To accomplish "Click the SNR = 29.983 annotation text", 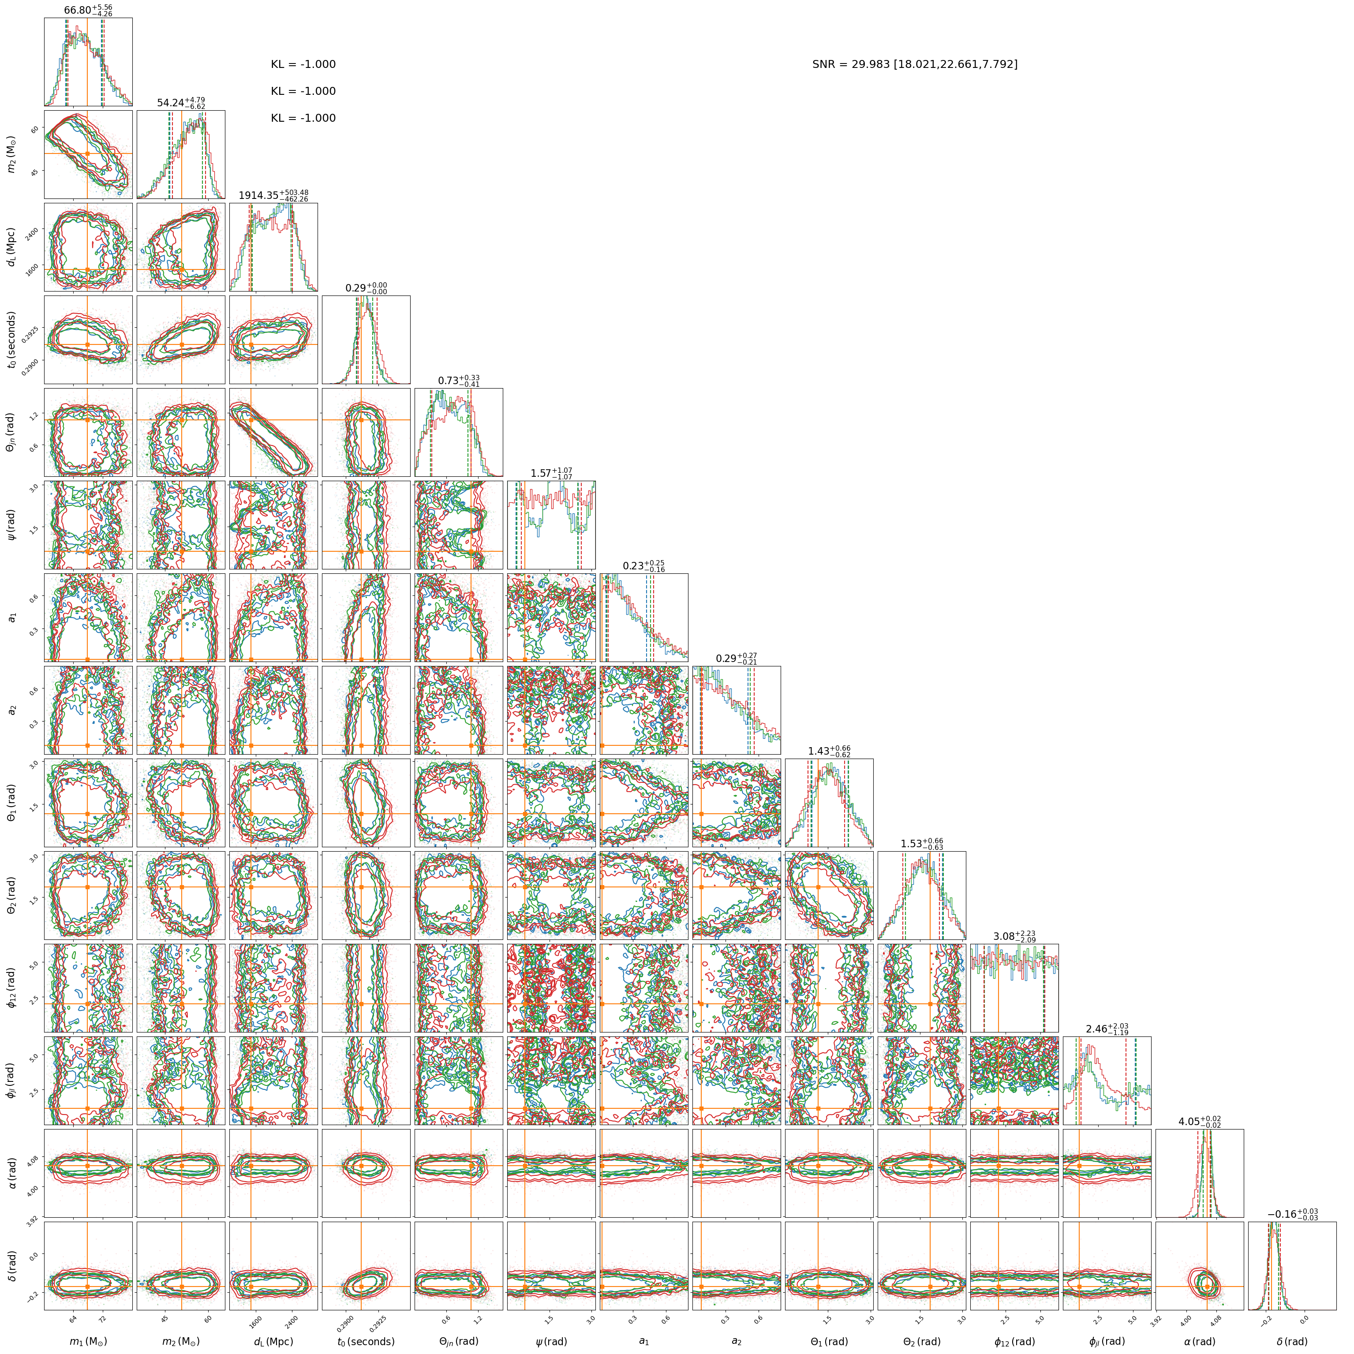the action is pyautogui.click(x=915, y=64).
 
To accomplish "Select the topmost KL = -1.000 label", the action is pyautogui.click(x=303, y=64).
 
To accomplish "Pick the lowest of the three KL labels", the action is pyautogui.click(x=303, y=119).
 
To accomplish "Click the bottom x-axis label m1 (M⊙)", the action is pyautogui.click(x=88, y=1341).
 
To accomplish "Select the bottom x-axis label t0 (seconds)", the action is pyautogui.click(x=366, y=1341).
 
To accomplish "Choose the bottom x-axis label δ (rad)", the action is pyautogui.click(x=1292, y=1341).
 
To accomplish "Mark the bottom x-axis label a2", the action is pyautogui.click(x=737, y=1341).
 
